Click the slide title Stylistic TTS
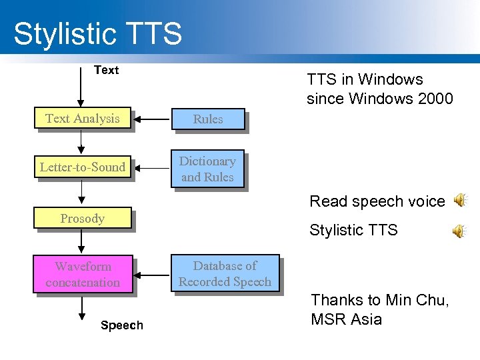click(97, 33)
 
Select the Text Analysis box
click(83, 119)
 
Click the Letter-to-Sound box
click(83, 167)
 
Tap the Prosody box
click(83, 219)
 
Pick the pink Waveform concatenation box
click(83, 274)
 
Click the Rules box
click(208, 119)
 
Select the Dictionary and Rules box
click(208, 169)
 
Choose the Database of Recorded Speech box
click(225, 274)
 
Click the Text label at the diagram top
click(106, 70)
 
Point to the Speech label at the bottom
click(121, 325)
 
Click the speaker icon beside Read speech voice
click(460, 200)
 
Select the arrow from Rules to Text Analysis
click(153, 119)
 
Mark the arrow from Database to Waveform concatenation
click(153, 274)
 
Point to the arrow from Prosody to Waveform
click(82, 242)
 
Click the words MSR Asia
click(347, 319)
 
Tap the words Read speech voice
click(377, 201)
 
